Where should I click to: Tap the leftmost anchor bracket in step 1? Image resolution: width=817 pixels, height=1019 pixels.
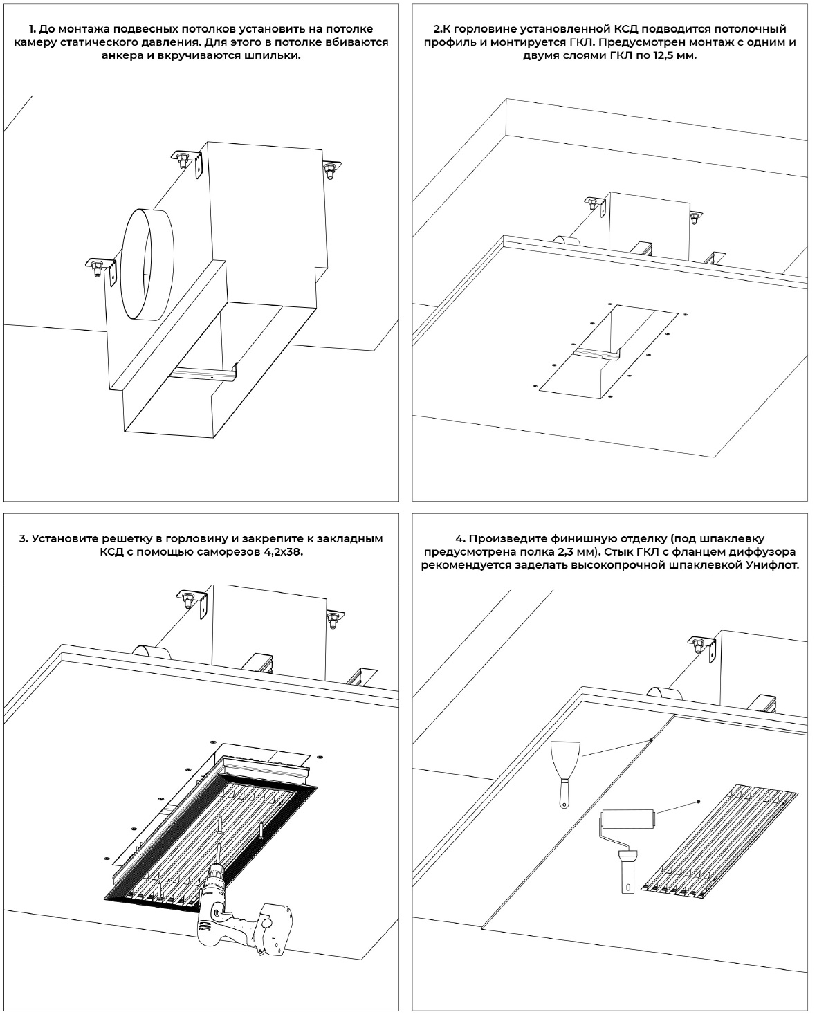(x=97, y=266)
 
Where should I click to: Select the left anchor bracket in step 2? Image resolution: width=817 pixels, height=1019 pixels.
(x=595, y=205)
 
